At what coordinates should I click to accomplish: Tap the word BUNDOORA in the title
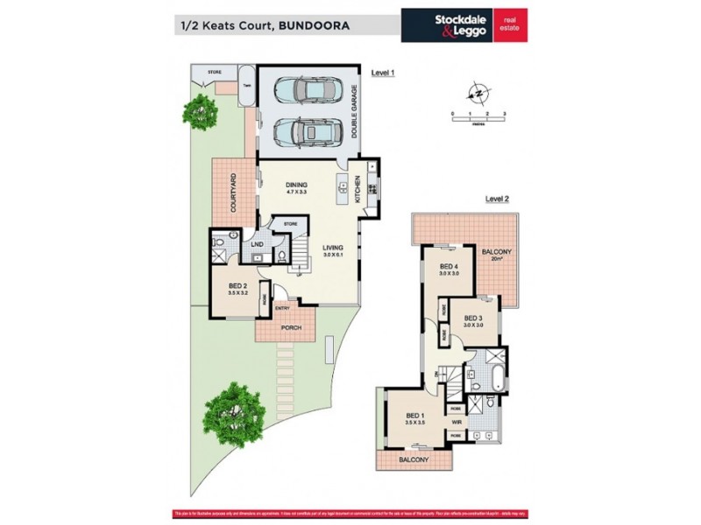313,25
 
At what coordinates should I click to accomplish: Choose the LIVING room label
332,248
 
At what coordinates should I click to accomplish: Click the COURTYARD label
234,193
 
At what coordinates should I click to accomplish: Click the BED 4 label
450,267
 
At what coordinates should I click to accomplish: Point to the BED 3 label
474,318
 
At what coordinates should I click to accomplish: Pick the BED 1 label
416,416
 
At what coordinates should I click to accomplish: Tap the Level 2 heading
497,199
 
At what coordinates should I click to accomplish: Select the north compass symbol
478,92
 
